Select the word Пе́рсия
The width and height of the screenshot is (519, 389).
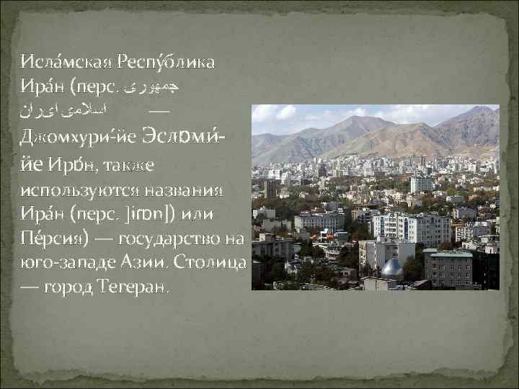click(54, 240)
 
